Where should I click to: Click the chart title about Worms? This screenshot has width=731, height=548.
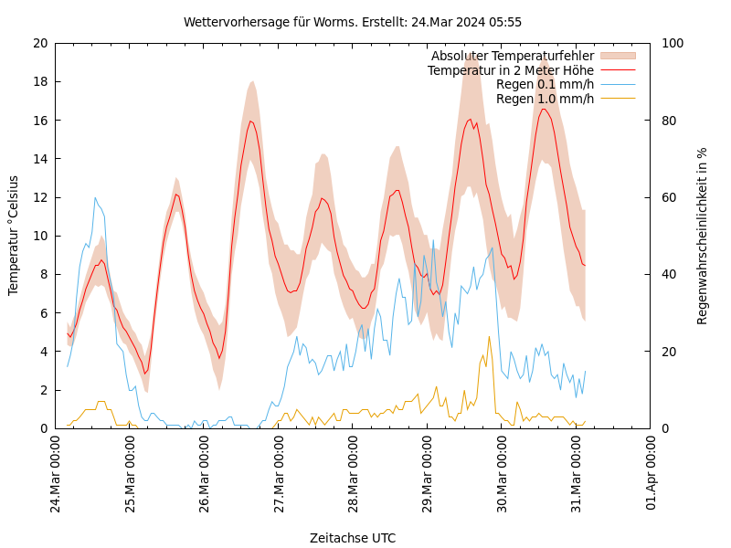click(x=353, y=22)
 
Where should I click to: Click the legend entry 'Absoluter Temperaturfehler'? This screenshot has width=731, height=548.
click(x=513, y=57)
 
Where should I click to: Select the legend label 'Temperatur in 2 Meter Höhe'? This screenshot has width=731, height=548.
click(x=511, y=70)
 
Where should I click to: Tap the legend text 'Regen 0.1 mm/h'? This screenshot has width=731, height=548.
click(x=545, y=84)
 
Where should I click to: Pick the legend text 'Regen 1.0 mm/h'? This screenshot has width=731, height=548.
click(x=545, y=99)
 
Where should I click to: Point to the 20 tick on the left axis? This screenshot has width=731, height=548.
click(x=39, y=43)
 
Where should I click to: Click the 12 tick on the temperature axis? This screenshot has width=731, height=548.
click(x=39, y=197)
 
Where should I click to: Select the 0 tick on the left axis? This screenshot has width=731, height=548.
click(x=43, y=428)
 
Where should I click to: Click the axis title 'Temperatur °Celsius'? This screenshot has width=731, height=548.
click(x=14, y=236)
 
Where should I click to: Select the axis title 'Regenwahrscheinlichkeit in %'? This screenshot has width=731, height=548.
click(x=703, y=236)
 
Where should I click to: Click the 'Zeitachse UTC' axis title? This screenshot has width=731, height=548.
click(x=353, y=538)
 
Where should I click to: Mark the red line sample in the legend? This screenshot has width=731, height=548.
click(x=618, y=70)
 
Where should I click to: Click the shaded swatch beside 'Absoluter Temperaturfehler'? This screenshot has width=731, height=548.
click(x=618, y=57)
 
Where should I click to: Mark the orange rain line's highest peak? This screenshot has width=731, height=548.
click(x=489, y=337)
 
